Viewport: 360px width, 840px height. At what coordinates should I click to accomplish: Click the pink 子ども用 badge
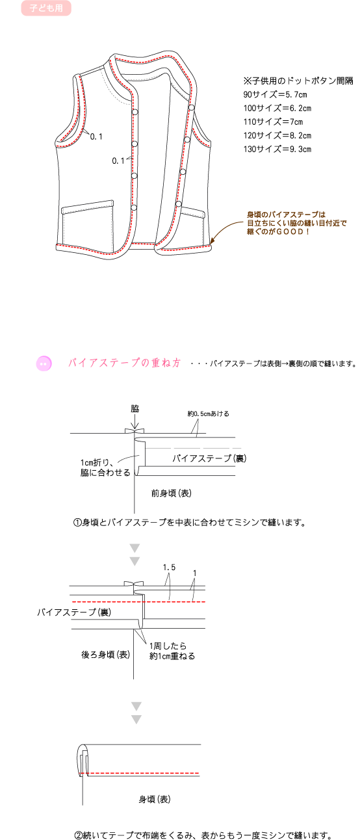[46, 8]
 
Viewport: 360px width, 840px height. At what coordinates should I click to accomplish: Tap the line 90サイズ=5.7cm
[275, 94]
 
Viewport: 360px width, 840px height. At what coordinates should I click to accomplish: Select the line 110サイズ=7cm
[273, 122]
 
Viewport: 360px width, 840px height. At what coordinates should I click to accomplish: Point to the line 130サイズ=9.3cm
[277, 150]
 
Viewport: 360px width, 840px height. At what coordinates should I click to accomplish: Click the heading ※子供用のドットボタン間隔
[298, 81]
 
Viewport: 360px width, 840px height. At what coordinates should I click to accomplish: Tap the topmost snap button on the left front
[135, 112]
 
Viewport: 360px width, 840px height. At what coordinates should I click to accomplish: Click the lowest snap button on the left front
[134, 208]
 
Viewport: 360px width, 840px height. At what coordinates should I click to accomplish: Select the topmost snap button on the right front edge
[192, 108]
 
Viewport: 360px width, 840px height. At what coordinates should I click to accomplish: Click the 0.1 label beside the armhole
[96, 137]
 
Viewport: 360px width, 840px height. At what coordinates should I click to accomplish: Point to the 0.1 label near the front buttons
[118, 161]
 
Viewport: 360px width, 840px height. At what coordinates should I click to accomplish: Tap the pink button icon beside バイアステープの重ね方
[44, 363]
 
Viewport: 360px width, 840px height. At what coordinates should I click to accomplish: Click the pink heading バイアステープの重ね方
[124, 363]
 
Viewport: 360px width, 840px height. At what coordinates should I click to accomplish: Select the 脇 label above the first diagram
[135, 408]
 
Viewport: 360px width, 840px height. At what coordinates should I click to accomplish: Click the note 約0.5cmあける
[208, 413]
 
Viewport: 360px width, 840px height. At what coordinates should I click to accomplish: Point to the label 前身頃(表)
[172, 493]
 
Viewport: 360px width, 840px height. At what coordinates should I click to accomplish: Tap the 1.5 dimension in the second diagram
[169, 568]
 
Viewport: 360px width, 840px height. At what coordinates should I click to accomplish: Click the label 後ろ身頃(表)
[106, 655]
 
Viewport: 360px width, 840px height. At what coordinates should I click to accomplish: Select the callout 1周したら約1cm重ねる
[172, 651]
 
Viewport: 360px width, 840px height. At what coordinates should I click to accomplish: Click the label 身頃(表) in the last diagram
[155, 800]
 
